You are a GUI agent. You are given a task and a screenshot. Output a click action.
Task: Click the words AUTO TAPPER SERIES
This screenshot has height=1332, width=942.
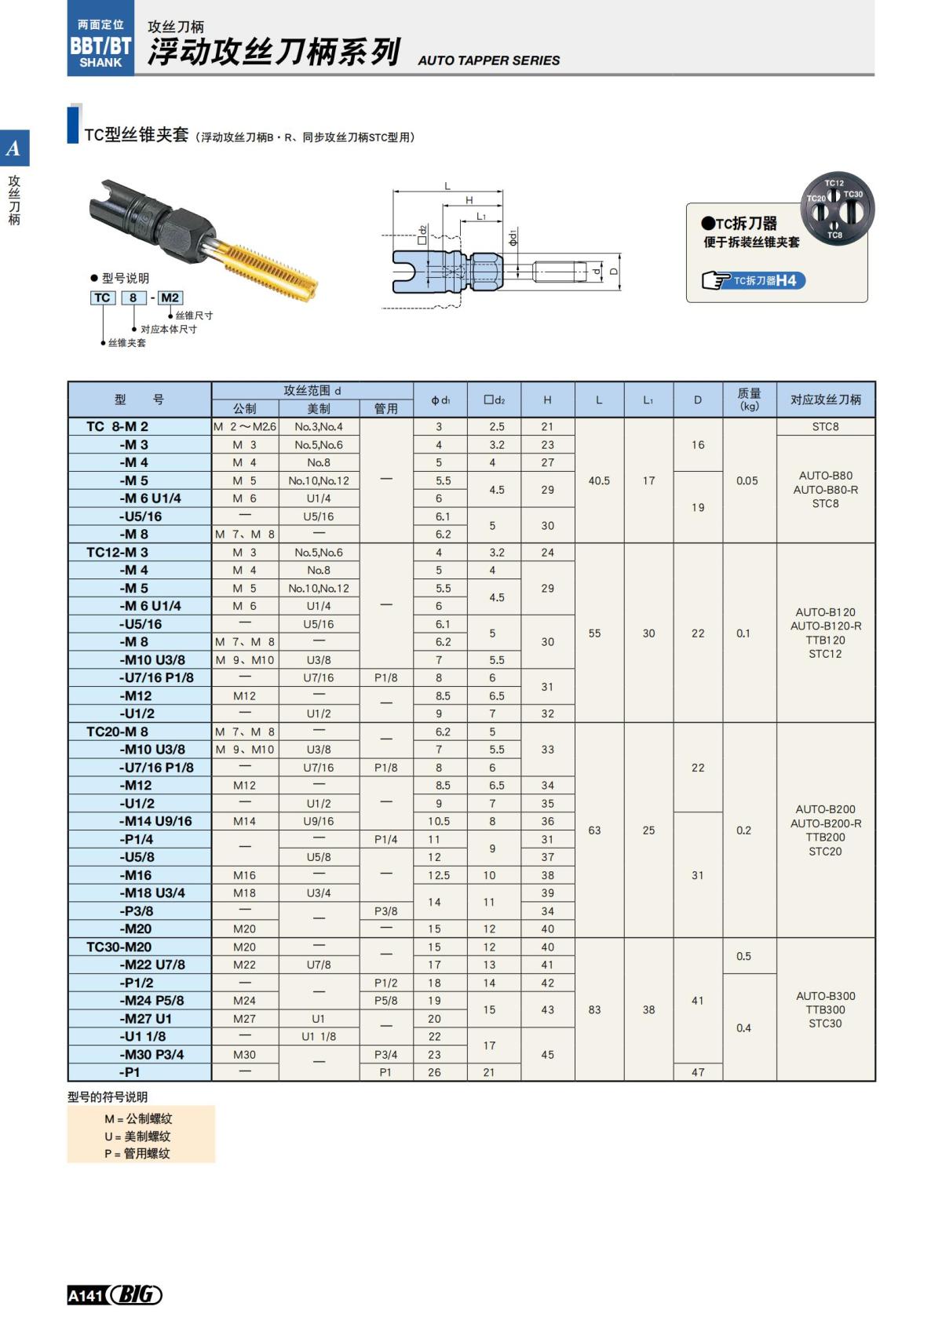488,60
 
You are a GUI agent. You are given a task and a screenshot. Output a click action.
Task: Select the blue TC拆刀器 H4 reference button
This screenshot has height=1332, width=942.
754,280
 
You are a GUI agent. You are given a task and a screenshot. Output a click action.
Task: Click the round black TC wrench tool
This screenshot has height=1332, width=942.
837,209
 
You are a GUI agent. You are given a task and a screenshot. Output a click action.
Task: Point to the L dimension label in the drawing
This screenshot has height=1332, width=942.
447,186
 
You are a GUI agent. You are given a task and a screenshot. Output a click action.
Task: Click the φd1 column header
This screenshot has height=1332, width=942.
440,400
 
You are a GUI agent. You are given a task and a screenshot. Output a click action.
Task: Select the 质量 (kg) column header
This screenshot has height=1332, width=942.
749,400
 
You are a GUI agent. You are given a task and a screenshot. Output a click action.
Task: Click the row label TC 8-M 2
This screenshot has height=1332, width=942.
118,427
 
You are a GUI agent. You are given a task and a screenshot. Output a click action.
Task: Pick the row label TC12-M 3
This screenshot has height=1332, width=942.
117,553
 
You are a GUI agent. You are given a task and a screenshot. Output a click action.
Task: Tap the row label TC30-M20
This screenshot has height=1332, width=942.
119,947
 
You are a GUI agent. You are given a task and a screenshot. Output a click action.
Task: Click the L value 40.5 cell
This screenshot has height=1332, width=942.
599,480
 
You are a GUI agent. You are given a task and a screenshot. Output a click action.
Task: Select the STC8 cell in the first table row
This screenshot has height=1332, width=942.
825,427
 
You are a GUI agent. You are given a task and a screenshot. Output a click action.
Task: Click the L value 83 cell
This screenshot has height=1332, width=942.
594,1010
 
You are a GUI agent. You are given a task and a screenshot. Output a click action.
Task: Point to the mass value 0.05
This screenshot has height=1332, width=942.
747,480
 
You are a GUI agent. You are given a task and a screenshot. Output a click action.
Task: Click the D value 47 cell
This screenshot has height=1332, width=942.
698,1072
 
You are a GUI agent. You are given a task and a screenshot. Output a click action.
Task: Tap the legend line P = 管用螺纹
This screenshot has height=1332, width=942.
137,1154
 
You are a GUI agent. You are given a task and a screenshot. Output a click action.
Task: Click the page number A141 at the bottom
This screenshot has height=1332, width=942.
86,1296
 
